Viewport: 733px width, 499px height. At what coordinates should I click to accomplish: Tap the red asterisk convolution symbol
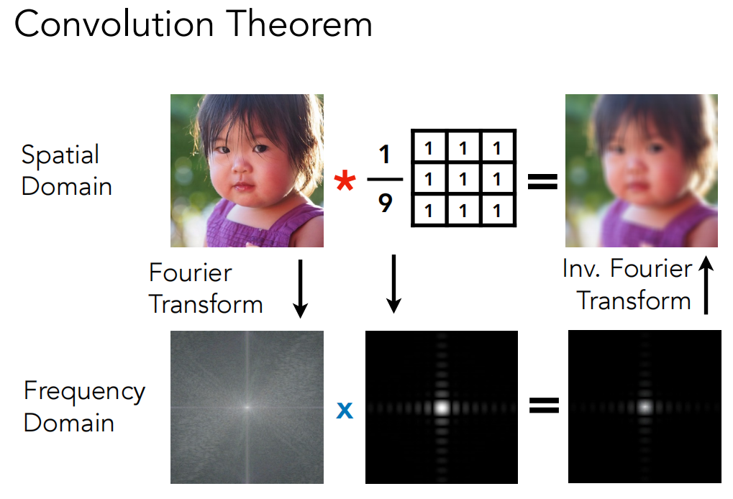coord(345,180)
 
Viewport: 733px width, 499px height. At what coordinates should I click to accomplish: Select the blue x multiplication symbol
coord(345,411)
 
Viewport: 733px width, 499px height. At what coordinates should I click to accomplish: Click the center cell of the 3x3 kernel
coord(463,179)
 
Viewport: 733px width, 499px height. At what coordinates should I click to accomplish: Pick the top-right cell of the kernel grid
coord(497,148)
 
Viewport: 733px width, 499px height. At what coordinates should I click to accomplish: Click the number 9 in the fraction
coord(385,203)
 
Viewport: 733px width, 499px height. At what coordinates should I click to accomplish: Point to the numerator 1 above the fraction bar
coord(385,154)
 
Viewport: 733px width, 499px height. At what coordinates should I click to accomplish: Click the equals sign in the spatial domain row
coord(542,181)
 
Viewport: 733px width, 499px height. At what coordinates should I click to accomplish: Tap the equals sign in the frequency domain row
coord(544,405)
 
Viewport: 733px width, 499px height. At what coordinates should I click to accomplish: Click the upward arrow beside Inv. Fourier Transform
coord(706,285)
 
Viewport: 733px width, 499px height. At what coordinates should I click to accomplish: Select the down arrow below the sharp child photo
coord(300,289)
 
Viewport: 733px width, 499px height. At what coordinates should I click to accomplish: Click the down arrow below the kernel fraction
coord(393,283)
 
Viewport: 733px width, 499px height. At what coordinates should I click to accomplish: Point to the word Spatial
coord(60,155)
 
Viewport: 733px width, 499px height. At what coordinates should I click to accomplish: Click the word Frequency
coord(85,392)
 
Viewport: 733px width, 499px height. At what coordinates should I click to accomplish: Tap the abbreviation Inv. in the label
coord(581,268)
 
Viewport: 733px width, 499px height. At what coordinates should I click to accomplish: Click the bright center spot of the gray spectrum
coord(247,407)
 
